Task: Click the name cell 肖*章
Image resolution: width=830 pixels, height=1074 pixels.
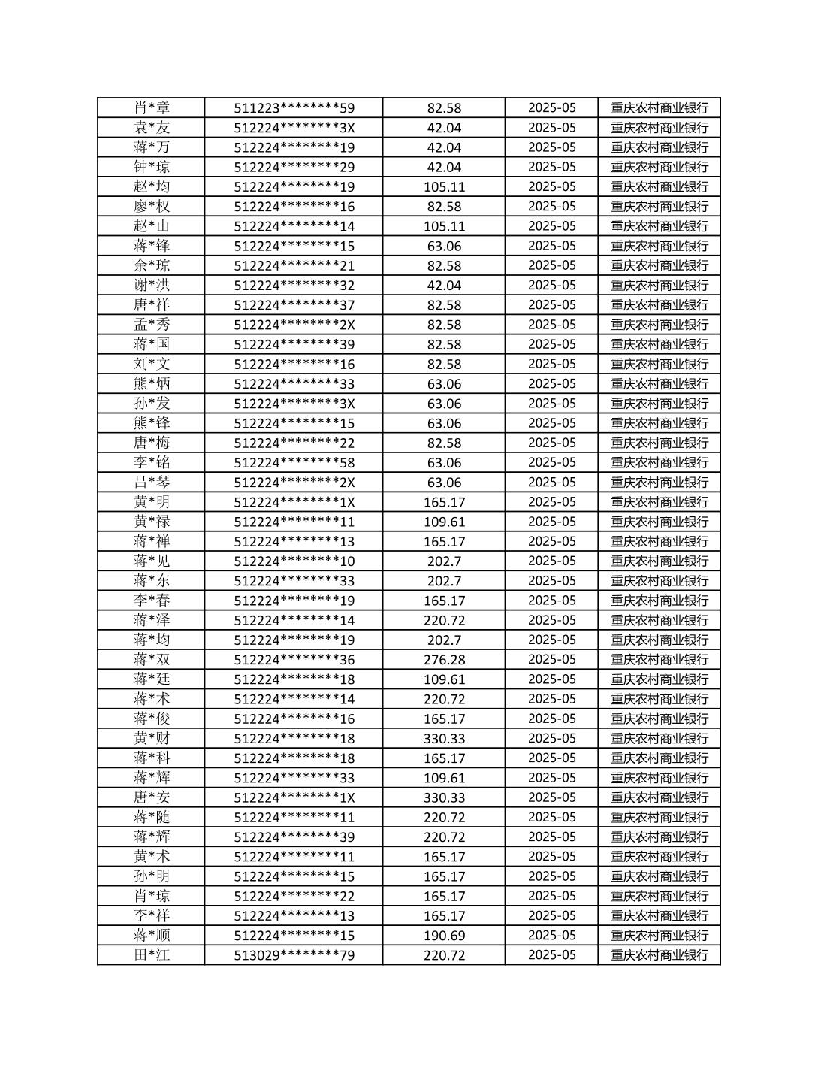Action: pyautogui.click(x=152, y=108)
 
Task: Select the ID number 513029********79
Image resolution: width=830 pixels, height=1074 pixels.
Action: pyautogui.click(x=294, y=955)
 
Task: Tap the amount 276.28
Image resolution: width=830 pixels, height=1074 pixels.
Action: pyautogui.click(x=444, y=660)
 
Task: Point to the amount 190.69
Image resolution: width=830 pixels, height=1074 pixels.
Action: pyautogui.click(x=444, y=936)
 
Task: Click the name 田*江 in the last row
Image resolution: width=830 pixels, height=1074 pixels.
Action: pyautogui.click(x=152, y=955)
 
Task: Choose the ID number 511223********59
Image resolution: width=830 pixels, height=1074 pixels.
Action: pyautogui.click(x=294, y=108)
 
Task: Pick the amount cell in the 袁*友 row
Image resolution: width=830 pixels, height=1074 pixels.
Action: pyautogui.click(x=444, y=128)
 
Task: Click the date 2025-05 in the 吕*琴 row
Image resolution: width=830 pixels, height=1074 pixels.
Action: pyautogui.click(x=551, y=483)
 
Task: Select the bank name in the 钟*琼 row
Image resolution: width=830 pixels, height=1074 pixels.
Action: pyautogui.click(x=659, y=167)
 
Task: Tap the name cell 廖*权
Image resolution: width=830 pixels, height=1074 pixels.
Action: pyautogui.click(x=152, y=207)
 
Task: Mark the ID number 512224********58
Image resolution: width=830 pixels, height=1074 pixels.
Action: pyautogui.click(x=294, y=463)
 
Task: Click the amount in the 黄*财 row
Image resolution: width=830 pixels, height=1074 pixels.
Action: pyautogui.click(x=444, y=739)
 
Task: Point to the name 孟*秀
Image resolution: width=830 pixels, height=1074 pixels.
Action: pyautogui.click(x=152, y=325)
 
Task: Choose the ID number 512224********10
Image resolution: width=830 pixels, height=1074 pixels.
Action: pyautogui.click(x=294, y=561)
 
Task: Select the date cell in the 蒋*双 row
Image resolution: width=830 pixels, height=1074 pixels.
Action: pyautogui.click(x=551, y=660)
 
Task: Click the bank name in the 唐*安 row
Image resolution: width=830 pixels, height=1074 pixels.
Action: pyautogui.click(x=659, y=797)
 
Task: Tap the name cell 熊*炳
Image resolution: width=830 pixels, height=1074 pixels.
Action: pyautogui.click(x=152, y=384)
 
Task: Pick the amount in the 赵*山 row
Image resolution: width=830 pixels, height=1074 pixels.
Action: pyautogui.click(x=444, y=226)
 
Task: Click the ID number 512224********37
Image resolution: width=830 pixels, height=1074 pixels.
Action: pyautogui.click(x=294, y=305)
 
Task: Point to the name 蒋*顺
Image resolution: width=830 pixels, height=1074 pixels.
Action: pyautogui.click(x=152, y=936)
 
